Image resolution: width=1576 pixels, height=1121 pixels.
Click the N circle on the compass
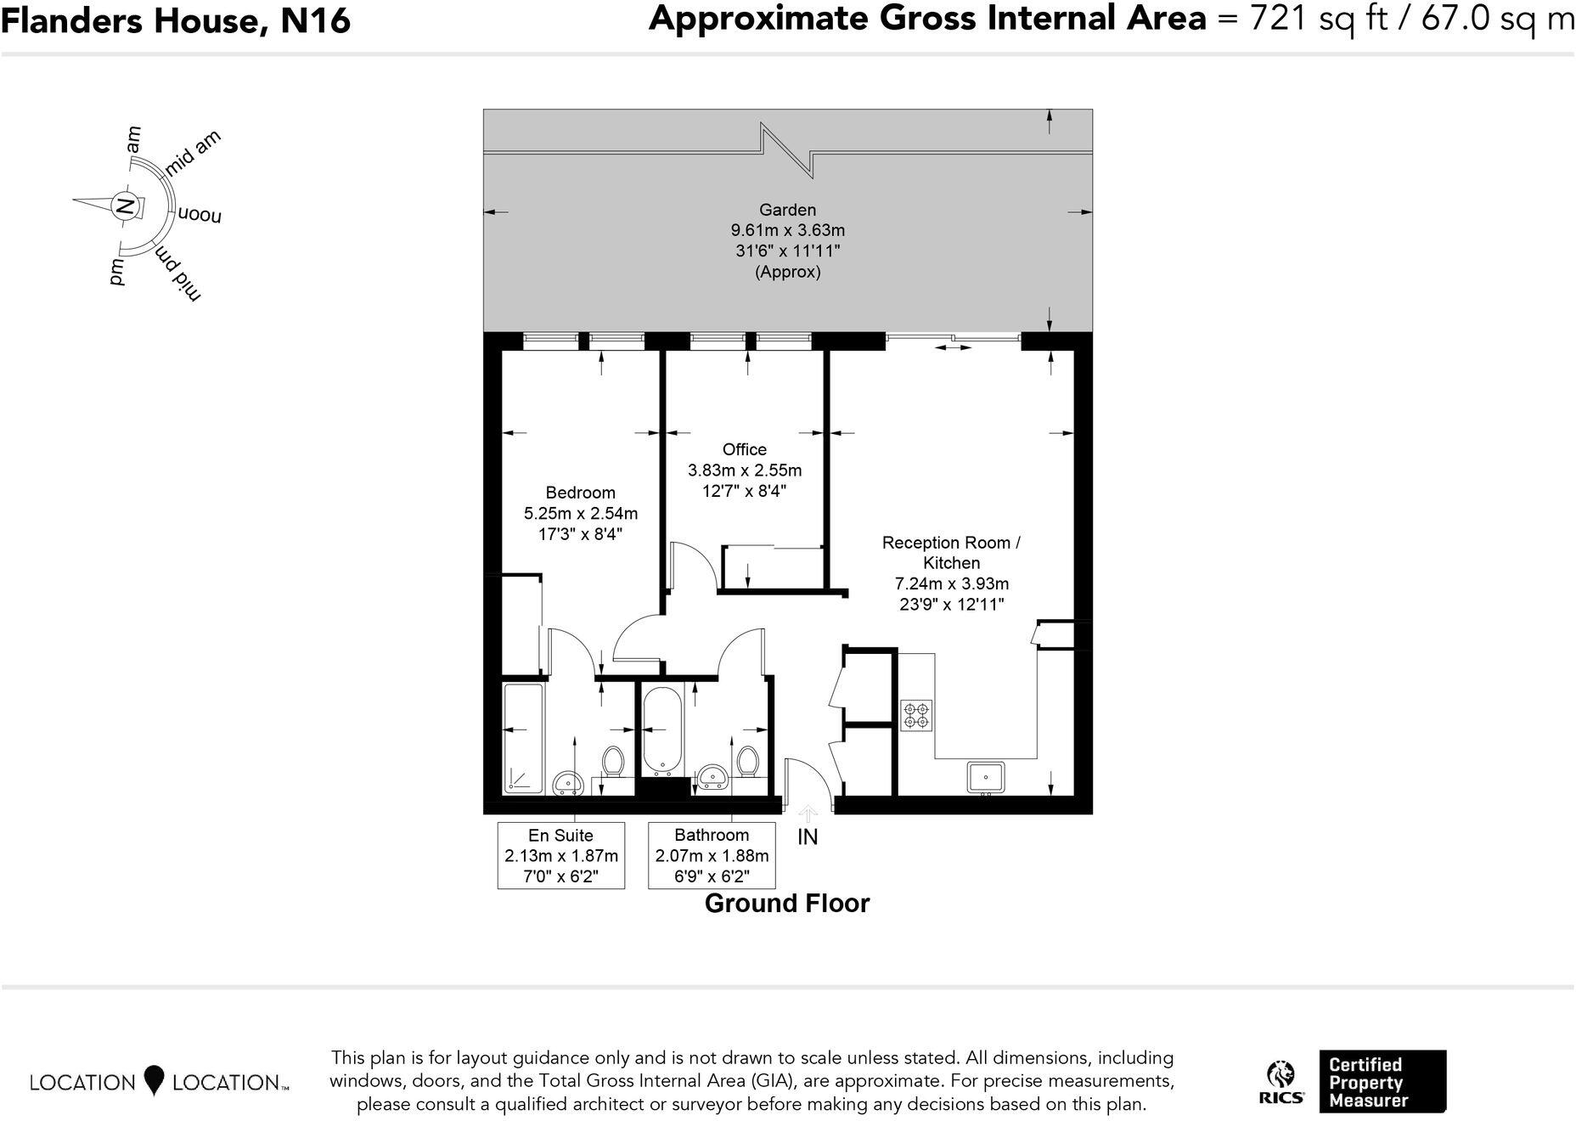[125, 206]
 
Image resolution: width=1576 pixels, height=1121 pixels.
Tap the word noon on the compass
[200, 214]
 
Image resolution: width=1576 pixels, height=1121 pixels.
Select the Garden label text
[787, 210]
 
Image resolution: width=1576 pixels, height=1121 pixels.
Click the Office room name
[744, 449]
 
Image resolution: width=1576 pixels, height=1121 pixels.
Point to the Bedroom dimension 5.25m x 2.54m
[581, 513]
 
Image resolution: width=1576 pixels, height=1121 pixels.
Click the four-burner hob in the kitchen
[916, 715]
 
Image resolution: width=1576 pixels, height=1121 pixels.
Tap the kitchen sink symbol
[985, 777]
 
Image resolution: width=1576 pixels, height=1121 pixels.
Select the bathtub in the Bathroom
[661, 730]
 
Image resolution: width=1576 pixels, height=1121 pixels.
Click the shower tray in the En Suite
[523, 739]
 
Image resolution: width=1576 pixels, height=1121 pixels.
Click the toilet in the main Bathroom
[747, 760]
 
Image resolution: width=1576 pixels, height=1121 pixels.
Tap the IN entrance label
[808, 837]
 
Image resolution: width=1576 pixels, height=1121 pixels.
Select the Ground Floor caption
[787, 904]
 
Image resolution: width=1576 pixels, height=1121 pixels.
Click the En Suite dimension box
[561, 855]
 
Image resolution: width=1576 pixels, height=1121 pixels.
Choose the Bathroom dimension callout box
[712, 855]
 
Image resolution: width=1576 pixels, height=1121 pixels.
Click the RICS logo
[1280, 1083]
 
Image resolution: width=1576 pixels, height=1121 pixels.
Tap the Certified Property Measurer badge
[1382, 1082]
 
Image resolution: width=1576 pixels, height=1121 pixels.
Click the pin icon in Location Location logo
[154, 1080]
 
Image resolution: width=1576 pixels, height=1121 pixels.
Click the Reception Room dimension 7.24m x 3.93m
[951, 583]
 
